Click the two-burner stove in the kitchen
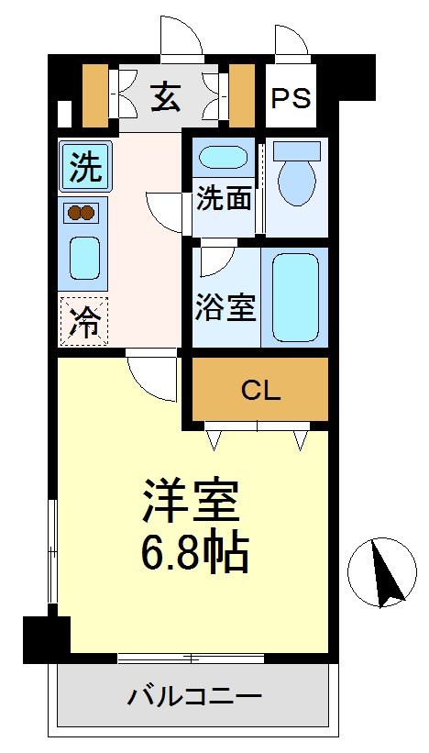pos(82,213)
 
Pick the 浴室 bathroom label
pos(225,307)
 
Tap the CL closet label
pos(259,389)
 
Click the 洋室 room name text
pos(190,500)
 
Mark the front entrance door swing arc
pos(180,37)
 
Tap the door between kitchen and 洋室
pos(151,376)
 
